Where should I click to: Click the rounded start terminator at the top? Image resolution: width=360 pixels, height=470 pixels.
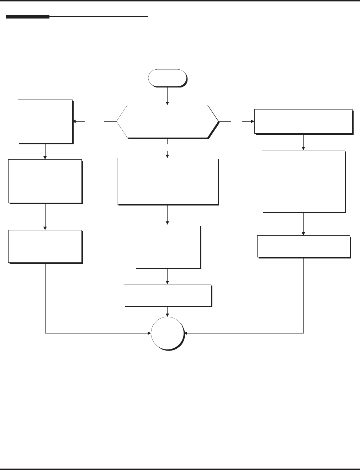[167, 78]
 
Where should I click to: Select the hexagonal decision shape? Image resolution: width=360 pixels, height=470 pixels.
[167, 121]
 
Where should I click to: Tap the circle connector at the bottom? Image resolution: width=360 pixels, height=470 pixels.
[167, 333]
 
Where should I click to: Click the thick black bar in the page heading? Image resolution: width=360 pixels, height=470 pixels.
[27, 17]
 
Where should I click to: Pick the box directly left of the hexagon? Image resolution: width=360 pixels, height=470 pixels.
[45, 121]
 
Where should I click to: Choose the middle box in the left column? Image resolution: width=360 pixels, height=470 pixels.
[45, 181]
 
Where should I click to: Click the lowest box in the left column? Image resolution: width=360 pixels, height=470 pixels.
[45, 246]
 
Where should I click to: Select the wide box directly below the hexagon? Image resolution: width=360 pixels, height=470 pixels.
[167, 181]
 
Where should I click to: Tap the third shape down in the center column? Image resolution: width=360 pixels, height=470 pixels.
[167, 246]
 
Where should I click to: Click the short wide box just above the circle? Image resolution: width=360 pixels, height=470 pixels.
[167, 295]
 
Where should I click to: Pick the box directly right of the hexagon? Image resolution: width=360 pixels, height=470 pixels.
[303, 121]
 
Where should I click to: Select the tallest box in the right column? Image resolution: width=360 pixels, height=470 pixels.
[303, 181]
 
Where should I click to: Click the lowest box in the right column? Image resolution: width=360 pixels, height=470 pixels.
[303, 246]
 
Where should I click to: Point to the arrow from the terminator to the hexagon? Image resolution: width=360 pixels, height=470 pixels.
[167, 96]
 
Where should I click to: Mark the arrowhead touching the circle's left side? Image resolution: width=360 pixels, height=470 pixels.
[149, 333]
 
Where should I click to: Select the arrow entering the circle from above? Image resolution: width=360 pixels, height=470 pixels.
[167, 311]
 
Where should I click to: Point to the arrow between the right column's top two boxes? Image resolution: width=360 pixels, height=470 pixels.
[303, 142]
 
